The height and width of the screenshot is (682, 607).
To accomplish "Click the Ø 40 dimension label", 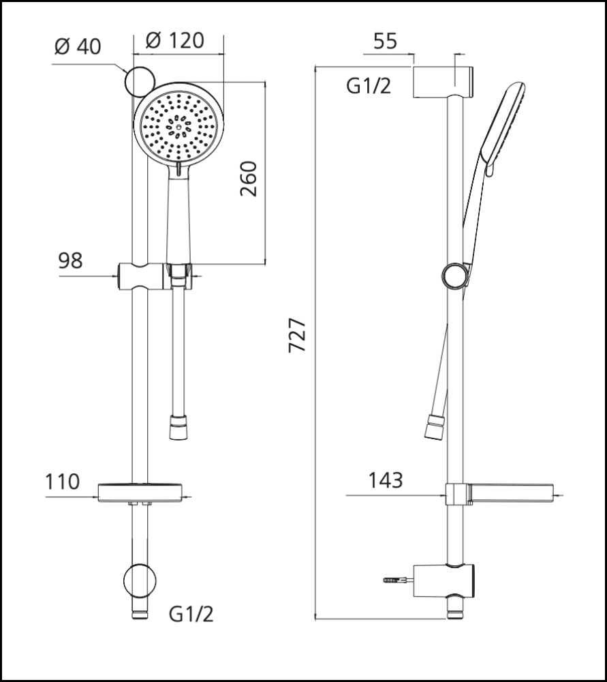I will coord(76,46).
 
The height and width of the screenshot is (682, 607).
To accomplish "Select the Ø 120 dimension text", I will coord(175,40).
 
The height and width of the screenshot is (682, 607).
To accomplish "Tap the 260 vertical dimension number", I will coord(249,179).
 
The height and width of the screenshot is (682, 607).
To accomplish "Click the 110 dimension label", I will coord(62,481).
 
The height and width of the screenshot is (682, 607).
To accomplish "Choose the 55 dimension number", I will coord(385,42).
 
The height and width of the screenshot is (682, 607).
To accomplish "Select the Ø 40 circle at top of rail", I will coord(140,83).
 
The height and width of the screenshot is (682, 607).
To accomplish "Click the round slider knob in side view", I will coord(454,276).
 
